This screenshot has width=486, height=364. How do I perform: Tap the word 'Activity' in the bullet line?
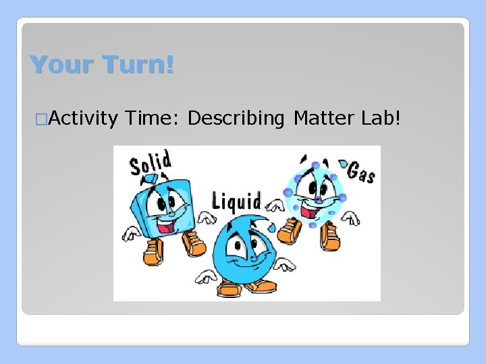(x=84, y=119)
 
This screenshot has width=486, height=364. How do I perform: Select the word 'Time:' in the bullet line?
(x=153, y=119)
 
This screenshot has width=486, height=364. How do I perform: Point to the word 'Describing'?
(x=236, y=119)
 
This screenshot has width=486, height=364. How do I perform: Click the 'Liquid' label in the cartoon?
(x=236, y=200)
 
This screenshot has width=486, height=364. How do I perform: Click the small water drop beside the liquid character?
(x=271, y=227)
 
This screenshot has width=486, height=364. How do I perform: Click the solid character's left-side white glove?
(x=130, y=233)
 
